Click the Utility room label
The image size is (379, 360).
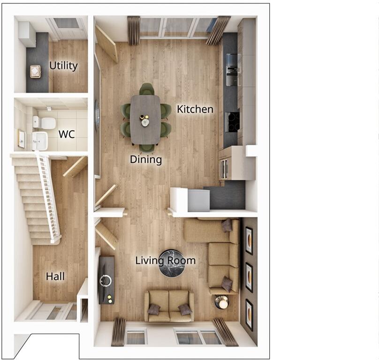coord(63,66)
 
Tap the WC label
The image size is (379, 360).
coord(67,135)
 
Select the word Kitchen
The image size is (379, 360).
coord(195,109)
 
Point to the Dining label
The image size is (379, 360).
coord(146,160)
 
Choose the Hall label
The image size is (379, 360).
coord(55,277)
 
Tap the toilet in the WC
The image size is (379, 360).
coord(45,123)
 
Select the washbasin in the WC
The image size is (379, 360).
coord(40,141)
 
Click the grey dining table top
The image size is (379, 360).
coord(145,120)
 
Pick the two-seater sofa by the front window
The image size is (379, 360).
coord(169,306)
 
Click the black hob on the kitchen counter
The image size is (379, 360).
coord(232,121)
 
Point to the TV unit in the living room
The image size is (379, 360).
coord(106,280)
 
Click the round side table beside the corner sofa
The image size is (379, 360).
coord(222,302)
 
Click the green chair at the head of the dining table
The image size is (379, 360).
coord(147,89)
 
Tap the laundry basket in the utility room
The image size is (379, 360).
coord(35,71)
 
